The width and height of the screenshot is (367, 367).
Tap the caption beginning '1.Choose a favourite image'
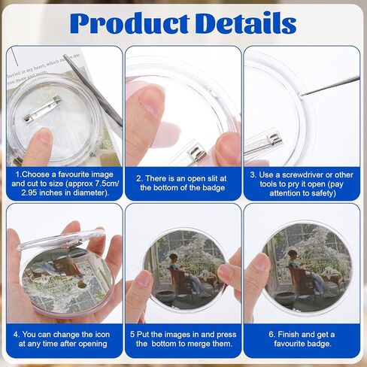pyautogui.click(x=64, y=182)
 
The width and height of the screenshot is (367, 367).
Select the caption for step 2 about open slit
pyautogui.click(x=183, y=182)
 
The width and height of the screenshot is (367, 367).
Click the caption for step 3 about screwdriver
pyautogui.click(x=302, y=182)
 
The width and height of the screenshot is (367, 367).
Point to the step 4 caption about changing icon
pyautogui.click(x=64, y=339)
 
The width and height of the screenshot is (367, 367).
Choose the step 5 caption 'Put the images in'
pyautogui.click(x=183, y=339)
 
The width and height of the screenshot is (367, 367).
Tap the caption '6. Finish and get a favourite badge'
pyautogui.click(x=302, y=339)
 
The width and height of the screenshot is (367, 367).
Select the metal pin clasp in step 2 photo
pyautogui.click(x=197, y=156)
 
